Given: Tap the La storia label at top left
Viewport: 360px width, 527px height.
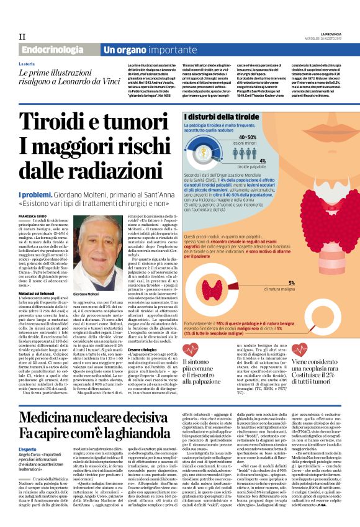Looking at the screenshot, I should click(x=27, y=64).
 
